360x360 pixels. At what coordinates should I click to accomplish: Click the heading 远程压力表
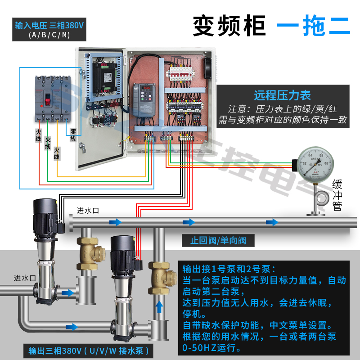282,95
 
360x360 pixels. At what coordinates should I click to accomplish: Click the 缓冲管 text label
337,195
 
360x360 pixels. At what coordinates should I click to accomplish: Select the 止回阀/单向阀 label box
218,240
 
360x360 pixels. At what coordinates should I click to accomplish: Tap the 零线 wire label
73,135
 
